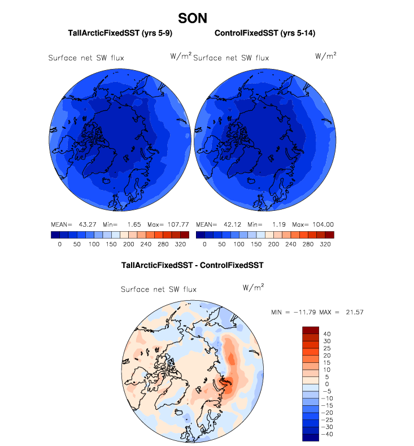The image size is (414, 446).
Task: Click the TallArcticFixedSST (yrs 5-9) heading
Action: [x=120, y=34]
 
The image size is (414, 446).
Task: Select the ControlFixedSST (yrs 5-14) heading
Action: [x=264, y=34]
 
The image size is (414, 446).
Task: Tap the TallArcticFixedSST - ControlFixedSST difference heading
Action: [x=193, y=265]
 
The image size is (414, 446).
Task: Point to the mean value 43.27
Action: [x=79, y=224]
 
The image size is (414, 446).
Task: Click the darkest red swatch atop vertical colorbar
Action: [x=312, y=330]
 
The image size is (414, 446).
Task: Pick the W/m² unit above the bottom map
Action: [x=254, y=287]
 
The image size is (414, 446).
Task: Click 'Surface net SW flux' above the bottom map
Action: [x=159, y=289]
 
